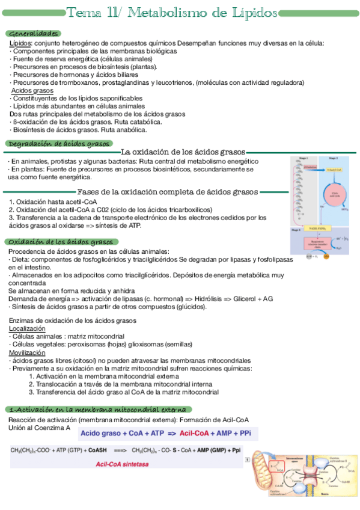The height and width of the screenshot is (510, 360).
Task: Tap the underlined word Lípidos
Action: [x=20, y=43]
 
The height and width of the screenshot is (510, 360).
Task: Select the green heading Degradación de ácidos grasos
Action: [x=58, y=144]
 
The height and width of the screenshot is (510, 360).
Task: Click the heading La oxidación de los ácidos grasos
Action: [x=183, y=152]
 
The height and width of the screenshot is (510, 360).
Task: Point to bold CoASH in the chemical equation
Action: [x=97, y=450]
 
